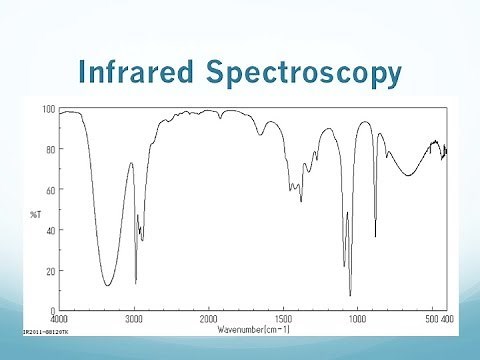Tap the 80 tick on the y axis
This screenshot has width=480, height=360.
coord(50,149)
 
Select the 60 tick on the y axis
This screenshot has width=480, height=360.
coord(50,189)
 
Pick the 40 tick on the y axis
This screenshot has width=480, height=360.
coord(50,230)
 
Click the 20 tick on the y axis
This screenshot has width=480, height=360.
coord(50,271)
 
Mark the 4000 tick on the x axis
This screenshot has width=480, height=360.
coord(60,317)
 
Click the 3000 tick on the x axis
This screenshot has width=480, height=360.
coord(135,317)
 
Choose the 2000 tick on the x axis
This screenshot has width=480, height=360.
coord(209,317)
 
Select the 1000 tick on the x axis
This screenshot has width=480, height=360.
coord(357,317)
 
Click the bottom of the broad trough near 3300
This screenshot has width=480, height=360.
coord(108,286)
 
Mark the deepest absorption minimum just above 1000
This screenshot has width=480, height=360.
coord(350,295)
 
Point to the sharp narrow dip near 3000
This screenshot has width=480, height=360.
coord(136,283)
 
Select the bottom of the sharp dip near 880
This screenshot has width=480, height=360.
coord(375,236)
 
